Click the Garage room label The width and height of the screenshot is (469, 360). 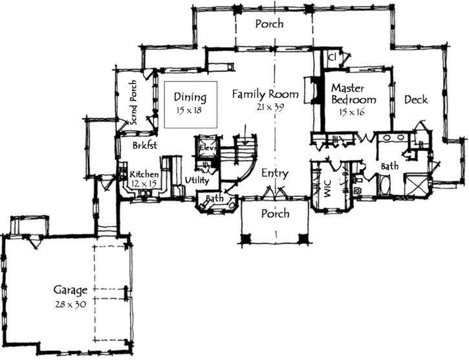point(71,290)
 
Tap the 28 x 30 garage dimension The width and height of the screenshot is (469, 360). point(71,303)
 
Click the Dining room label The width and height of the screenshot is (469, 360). point(190,98)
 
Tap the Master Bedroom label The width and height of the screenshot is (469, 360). point(353,94)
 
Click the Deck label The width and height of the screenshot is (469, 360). point(416,100)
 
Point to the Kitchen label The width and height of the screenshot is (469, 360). point(144,175)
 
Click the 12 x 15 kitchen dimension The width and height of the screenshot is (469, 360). point(144,185)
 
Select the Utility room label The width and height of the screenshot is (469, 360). point(196,180)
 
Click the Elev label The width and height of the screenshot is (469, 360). point(206,147)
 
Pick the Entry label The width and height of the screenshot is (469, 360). point(275,174)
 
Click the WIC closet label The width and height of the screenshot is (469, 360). point(327,186)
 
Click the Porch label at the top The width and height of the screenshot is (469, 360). point(268,24)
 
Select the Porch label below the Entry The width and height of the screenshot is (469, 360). point(275,214)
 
